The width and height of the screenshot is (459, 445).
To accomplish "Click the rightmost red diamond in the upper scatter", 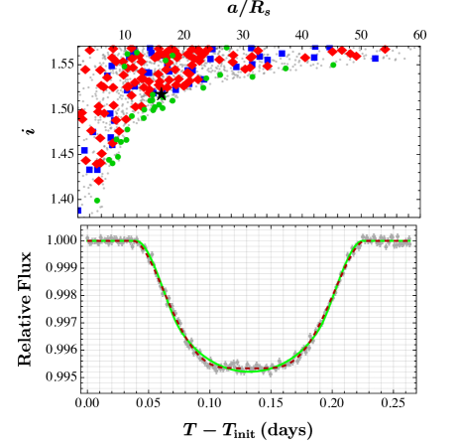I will (385, 50).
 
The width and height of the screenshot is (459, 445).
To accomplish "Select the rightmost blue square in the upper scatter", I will (374, 59).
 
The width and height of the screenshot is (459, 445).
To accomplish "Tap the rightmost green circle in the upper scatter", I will (333, 65).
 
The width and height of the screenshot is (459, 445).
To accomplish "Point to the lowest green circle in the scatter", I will (97, 202).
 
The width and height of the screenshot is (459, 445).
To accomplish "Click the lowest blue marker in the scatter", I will (80, 210).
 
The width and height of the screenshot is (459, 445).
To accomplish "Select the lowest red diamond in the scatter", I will (99, 181).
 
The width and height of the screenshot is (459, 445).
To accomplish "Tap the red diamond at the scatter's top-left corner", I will (89, 50).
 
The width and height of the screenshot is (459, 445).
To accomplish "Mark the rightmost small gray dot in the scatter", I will (418, 62).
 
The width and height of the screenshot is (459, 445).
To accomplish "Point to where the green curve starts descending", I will (137, 241).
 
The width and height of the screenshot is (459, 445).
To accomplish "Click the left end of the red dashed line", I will (86, 240).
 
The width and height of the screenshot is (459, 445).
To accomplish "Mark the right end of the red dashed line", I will (410, 240).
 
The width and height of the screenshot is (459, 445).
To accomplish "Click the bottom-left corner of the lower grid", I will (84, 388).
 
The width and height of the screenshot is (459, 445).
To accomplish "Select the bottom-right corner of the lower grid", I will (412, 388).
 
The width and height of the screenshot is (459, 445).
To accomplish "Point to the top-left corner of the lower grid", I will (84, 229).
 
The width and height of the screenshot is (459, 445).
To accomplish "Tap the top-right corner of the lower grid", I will (412, 229).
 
